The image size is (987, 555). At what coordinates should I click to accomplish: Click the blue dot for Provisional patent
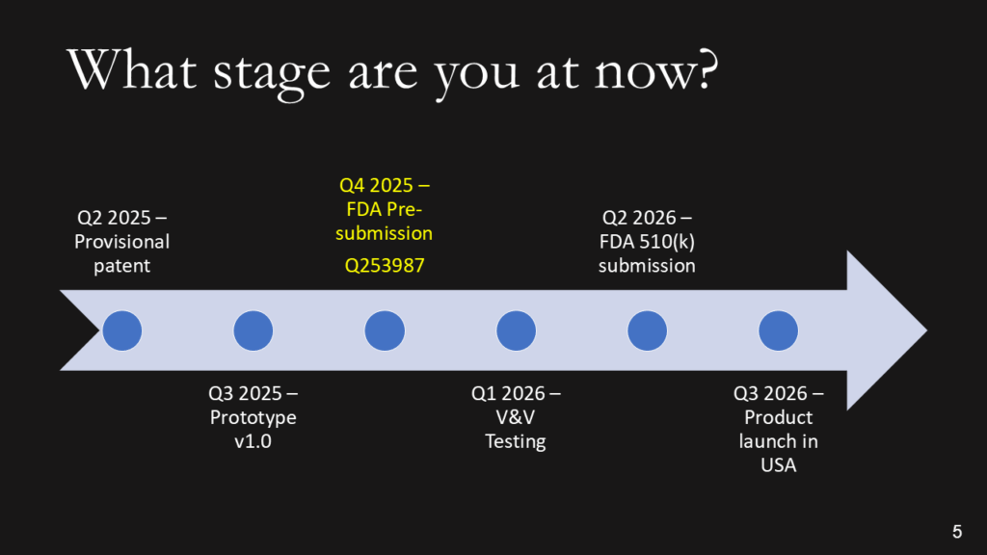pos(121,330)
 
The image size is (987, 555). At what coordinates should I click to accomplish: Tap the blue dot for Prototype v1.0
pos(253,330)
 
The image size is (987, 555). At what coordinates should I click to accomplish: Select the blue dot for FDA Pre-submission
pos(385,330)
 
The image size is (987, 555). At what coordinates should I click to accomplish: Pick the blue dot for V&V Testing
pos(516,330)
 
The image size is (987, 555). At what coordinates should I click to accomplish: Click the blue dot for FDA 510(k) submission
pos(647,330)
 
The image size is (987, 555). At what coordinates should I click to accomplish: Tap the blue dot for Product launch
pos(778,330)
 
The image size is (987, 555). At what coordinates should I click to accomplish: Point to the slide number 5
pos(956,531)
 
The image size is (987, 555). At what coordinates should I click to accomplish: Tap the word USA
pos(778,465)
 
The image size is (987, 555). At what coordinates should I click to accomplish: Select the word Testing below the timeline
pos(516,441)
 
